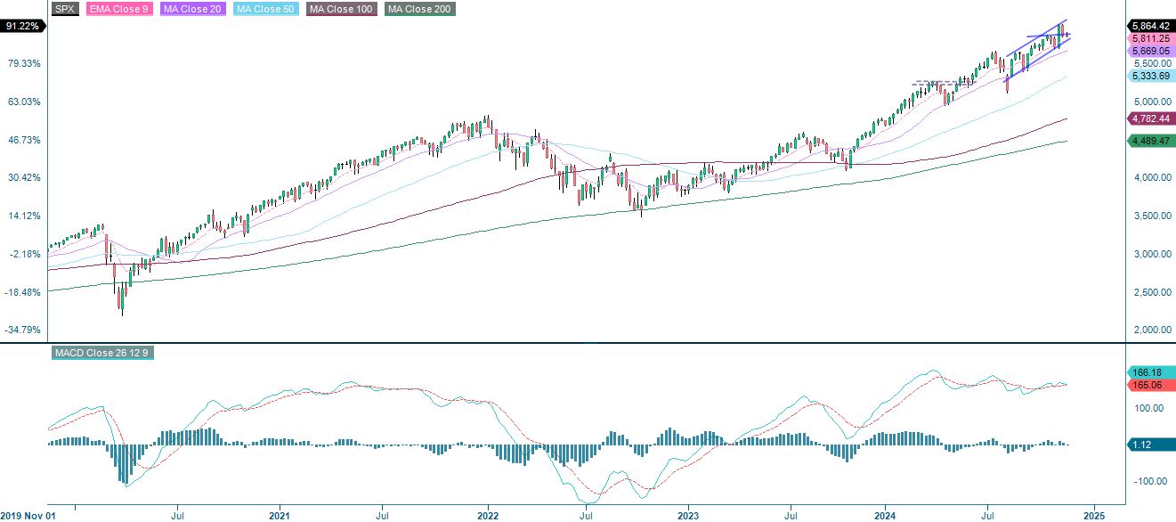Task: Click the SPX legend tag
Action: tap(64, 9)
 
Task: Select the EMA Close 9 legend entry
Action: tap(117, 9)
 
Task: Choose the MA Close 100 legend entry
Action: tap(341, 9)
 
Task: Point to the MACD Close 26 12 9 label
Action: tap(102, 354)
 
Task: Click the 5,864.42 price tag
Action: tap(1150, 27)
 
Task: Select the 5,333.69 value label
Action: tap(1150, 77)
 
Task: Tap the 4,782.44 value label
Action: tap(1150, 118)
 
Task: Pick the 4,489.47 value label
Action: tap(1150, 141)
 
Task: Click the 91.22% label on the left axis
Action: tap(21, 26)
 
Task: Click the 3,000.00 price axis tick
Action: tap(1151, 255)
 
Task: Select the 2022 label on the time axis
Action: tap(488, 516)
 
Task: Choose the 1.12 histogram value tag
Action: tap(1148, 445)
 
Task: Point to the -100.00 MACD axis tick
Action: tap(1148, 482)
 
